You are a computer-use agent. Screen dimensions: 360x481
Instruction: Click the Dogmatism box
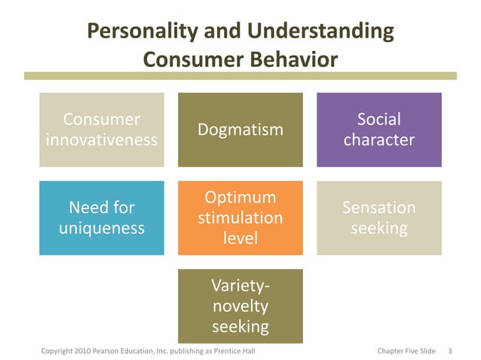(x=240, y=130)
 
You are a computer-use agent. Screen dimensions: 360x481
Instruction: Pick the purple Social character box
(x=378, y=130)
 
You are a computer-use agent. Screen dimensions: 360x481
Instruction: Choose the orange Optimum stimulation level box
(x=240, y=217)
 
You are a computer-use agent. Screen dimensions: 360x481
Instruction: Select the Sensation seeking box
(x=378, y=217)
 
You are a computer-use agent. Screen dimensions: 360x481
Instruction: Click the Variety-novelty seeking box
(x=240, y=305)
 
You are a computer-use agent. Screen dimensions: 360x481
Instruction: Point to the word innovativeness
(x=102, y=140)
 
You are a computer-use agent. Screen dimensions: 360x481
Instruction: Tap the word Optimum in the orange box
(x=240, y=197)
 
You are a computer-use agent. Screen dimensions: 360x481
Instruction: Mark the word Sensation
(x=378, y=207)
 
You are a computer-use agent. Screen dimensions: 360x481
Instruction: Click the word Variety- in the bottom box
(x=240, y=285)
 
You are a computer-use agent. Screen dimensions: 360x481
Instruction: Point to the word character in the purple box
(x=378, y=140)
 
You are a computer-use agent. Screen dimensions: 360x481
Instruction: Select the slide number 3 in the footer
(x=449, y=351)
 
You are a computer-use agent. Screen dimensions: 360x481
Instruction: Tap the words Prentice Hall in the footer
(x=244, y=351)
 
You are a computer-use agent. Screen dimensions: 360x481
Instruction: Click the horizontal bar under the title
(x=240, y=75)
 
